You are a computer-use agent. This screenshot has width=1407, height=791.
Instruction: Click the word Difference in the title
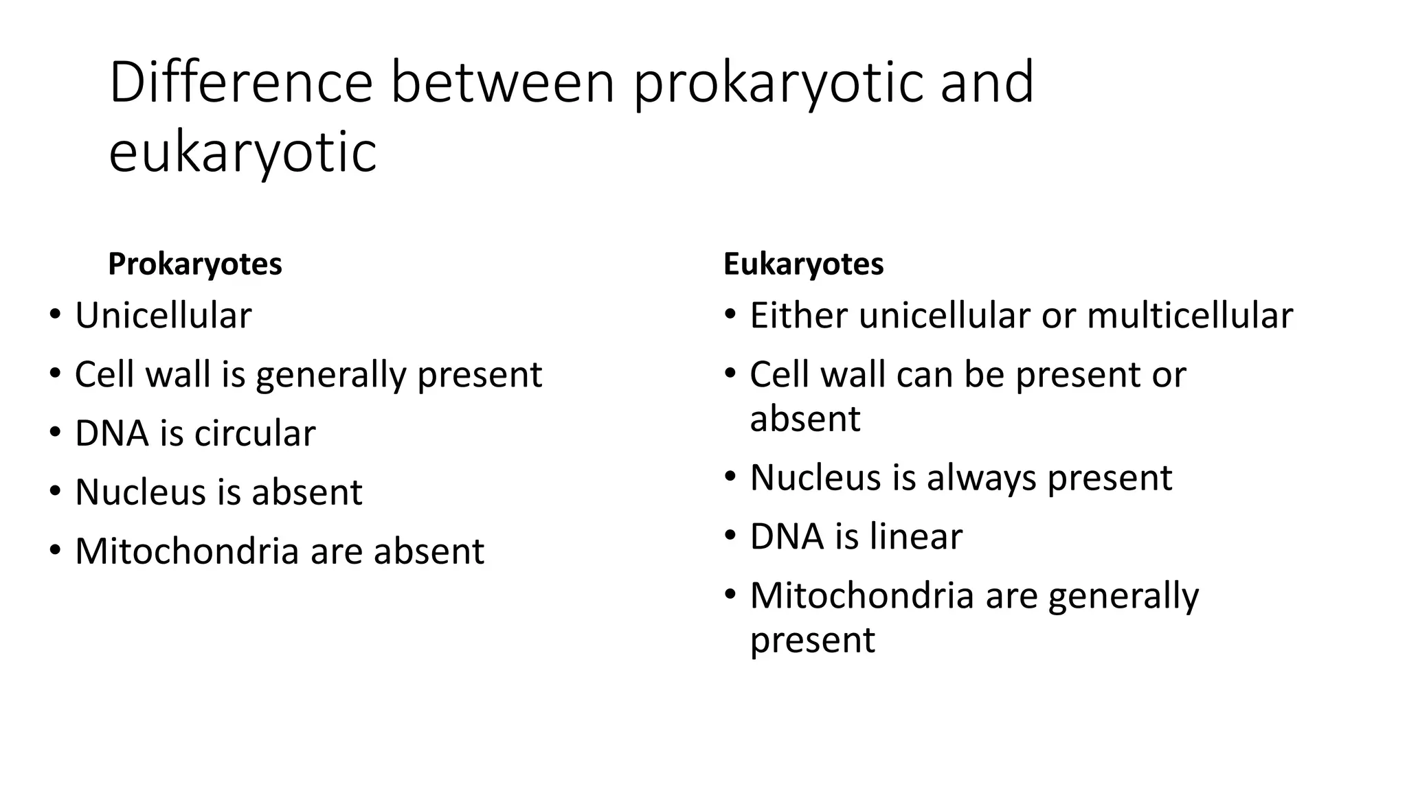(x=240, y=82)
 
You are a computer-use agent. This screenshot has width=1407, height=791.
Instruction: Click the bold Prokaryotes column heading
(x=195, y=264)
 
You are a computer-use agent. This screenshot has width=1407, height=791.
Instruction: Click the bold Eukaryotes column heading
(x=803, y=264)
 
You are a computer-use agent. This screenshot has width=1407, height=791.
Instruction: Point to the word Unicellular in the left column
(x=164, y=316)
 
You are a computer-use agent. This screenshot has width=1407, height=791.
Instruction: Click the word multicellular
(x=1190, y=316)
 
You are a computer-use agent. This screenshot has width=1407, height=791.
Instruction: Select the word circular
(x=255, y=433)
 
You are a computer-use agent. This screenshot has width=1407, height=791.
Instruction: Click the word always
(x=980, y=478)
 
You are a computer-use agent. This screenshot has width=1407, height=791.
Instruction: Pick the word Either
(x=798, y=316)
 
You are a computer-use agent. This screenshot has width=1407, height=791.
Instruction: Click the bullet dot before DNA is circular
(x=55, y=433)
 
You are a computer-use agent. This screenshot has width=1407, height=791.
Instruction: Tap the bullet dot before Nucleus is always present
(x=730, y=476)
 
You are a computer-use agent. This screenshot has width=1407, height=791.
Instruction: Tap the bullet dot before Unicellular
(x=55, y=315)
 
